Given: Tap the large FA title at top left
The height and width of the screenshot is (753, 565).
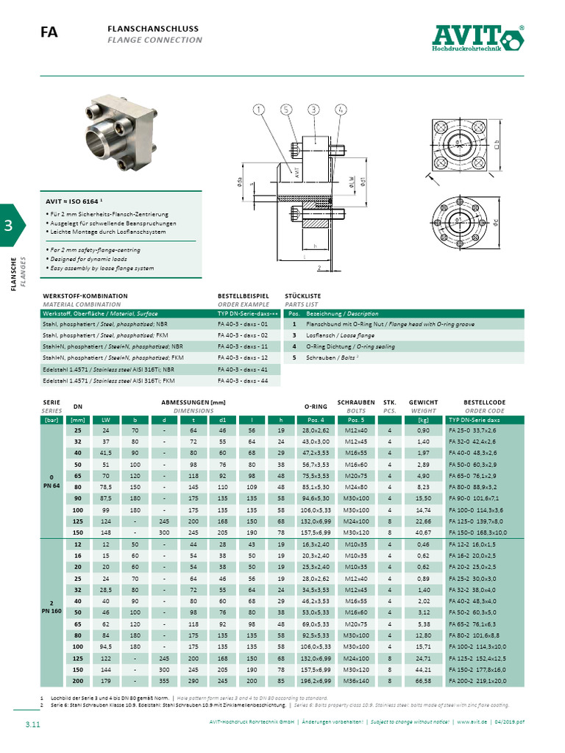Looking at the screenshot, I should point(49,32).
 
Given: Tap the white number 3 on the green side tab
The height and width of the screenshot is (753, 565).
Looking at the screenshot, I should point(9,226).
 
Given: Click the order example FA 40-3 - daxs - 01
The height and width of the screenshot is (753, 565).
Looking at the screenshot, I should point(243,324).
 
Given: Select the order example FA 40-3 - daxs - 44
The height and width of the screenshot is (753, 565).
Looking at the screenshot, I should point(243,381).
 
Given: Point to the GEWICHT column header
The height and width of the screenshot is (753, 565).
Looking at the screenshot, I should point(423,402).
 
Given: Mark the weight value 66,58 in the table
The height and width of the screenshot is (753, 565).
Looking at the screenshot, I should point(423,681).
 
